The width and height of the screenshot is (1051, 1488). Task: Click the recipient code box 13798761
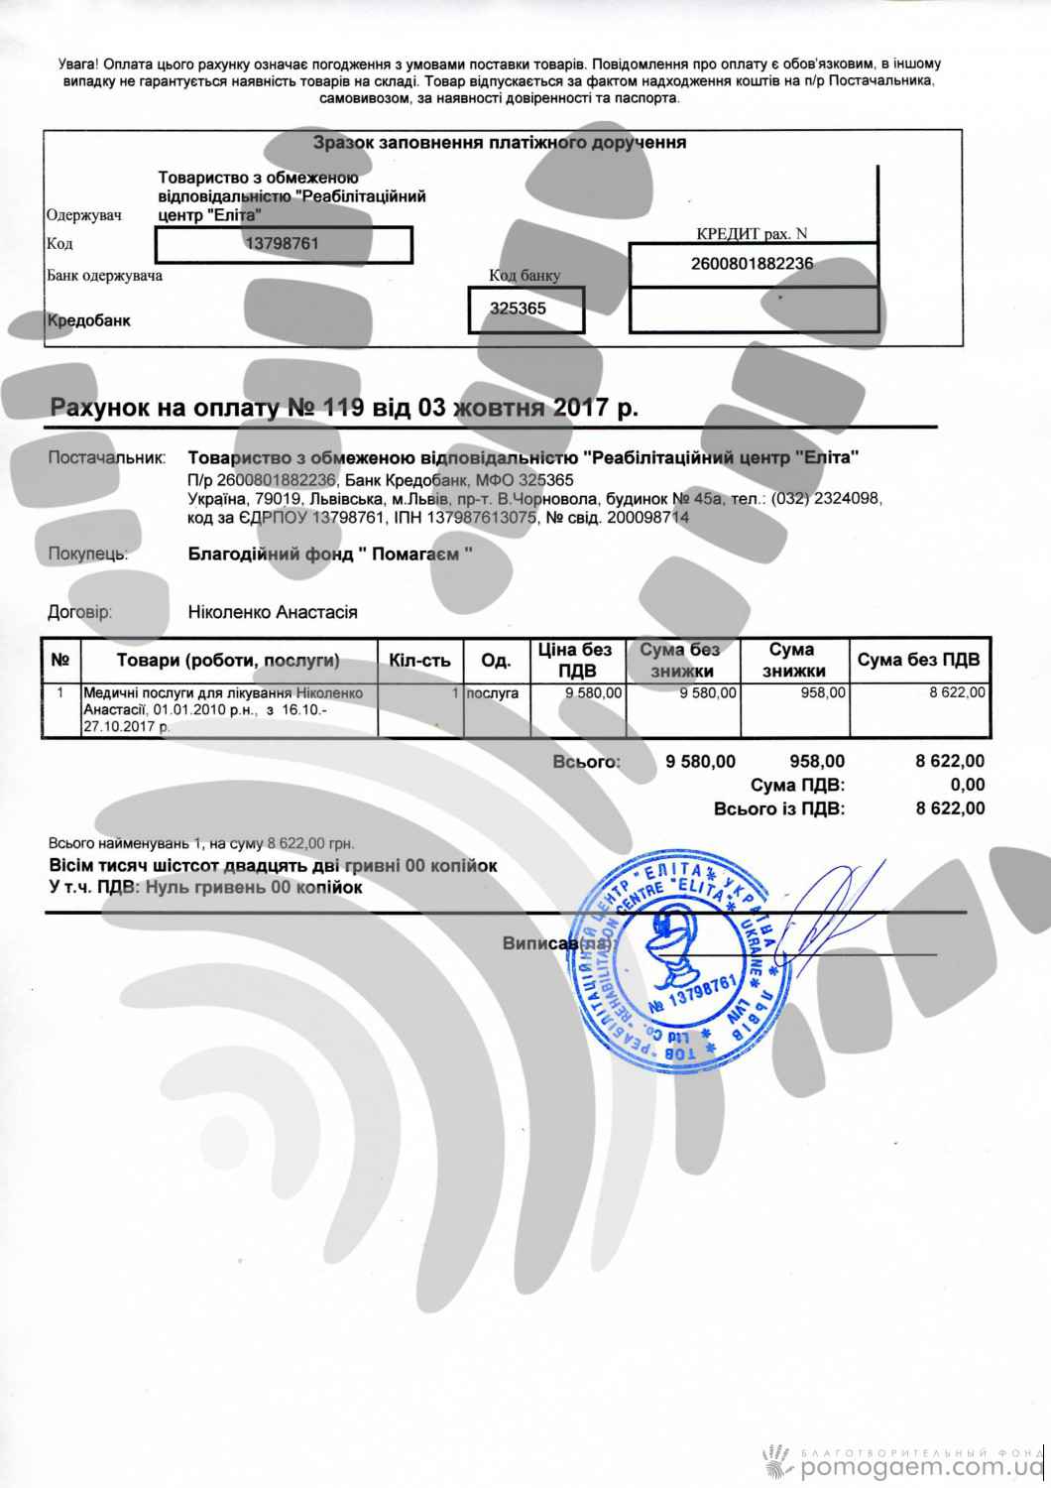(284, 244)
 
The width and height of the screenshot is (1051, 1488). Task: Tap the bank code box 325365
(525, 310)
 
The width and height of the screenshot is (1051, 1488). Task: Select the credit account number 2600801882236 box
(753, 264)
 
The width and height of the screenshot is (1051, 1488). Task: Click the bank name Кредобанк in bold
(89, 320)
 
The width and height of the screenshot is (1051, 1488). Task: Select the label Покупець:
(88, 555)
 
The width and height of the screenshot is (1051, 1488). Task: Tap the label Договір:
(79, 612)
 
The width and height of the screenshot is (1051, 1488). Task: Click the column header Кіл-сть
(420, 661)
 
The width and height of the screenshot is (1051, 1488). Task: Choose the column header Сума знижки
(791, 661)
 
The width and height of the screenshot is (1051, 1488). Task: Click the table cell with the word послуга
(492, 693)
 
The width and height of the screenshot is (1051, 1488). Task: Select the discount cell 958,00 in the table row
(823, 693)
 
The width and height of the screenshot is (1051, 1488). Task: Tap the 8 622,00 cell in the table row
(956, 693)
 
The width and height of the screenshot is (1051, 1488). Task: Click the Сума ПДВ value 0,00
(967, 786)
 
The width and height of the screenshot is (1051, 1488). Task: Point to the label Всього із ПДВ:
(779, 808)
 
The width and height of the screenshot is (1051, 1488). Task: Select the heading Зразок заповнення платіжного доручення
(500, 143)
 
